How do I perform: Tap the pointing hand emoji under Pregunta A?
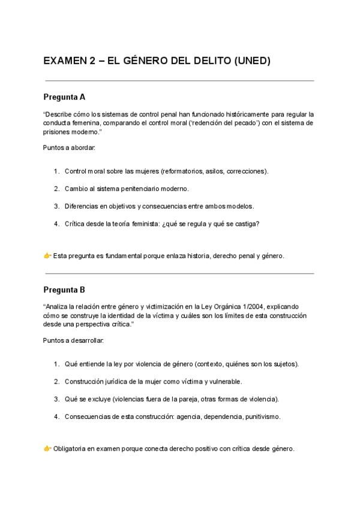click(47, 255)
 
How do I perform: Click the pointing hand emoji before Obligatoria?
click(47, 448)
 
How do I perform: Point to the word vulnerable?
click(225, 381)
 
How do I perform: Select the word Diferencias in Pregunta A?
click(80, 206)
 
